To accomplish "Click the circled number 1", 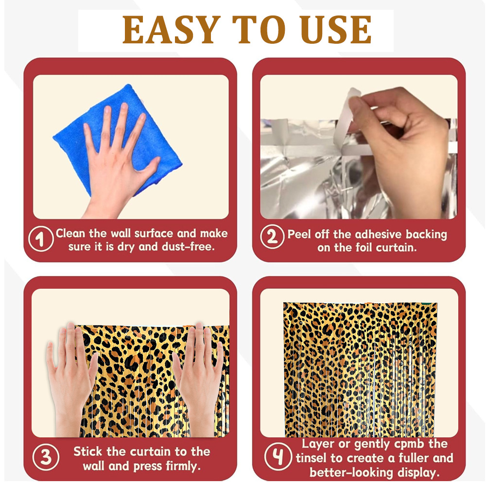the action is pyautogui.click(x=41, y=239).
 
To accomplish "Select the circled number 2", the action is pyautogui.click(x=272, y=237).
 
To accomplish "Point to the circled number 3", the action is pyautogui.click(x=46, y=457).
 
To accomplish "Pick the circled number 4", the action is pyautogui.click(x=278, y=456).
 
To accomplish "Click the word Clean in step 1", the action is pyautogui.click(x=70, y=233).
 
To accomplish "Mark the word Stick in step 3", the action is pyautogui.click(x=87, y=451).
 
